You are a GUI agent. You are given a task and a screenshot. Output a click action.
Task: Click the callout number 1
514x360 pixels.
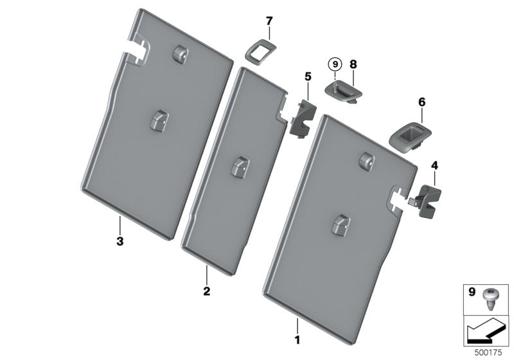(x=297, y=339)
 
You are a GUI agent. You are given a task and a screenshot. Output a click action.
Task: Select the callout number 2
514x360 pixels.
(x=206, y=291)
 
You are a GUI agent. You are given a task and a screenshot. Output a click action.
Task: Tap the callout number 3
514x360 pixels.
(x=120, y=241)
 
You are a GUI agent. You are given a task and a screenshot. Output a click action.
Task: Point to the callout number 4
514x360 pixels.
(x=434, y=166)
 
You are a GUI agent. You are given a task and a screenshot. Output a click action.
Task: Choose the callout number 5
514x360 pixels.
(x=308, y=76)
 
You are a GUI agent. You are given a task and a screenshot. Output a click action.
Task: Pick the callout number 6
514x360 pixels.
(x=422, y=102)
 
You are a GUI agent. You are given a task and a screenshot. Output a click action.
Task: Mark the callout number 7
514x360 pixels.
(x=269, y=21)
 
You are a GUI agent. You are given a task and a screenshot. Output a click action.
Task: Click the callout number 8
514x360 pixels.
(x=353, y=64)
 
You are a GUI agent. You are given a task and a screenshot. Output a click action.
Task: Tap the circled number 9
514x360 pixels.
(x=335, y=64)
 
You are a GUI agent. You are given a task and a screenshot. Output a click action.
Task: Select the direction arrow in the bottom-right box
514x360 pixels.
(x=486, y=334)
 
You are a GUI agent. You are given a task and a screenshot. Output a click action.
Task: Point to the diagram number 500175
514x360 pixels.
(x=488, y=353)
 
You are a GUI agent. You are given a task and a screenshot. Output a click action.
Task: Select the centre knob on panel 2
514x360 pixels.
(x=240, y=168)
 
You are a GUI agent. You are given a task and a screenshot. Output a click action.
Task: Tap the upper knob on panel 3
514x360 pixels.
(x=180, y=53)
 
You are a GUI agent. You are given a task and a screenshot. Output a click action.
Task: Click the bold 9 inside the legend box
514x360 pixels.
(x=472, y=292)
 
